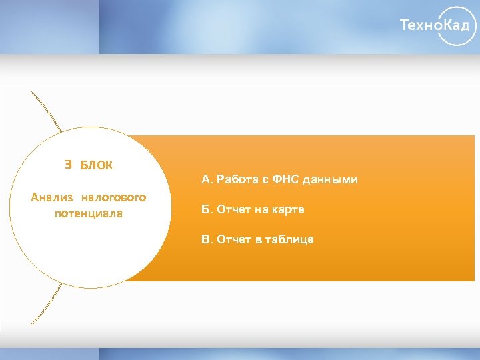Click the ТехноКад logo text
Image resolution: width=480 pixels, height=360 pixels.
pyautogui.click(x=438, y=26)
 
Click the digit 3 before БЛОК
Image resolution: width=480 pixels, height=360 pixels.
pyautogui.click(x=67, y=165)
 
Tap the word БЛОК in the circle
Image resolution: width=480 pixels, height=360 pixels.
pyautogui.click(x=97, y=165)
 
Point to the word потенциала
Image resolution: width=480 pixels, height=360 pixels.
pyautogui.click(x=89, y=214)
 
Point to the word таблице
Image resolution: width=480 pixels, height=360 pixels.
pyautogui.click(x=290, y=239)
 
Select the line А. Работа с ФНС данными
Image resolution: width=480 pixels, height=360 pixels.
pyautogui.click(x=279, y=179)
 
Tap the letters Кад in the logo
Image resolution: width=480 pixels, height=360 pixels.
pyautogui.click(x=459, y=26)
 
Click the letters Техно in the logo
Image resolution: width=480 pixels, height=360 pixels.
pyautogui.click(x=420, y=26)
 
